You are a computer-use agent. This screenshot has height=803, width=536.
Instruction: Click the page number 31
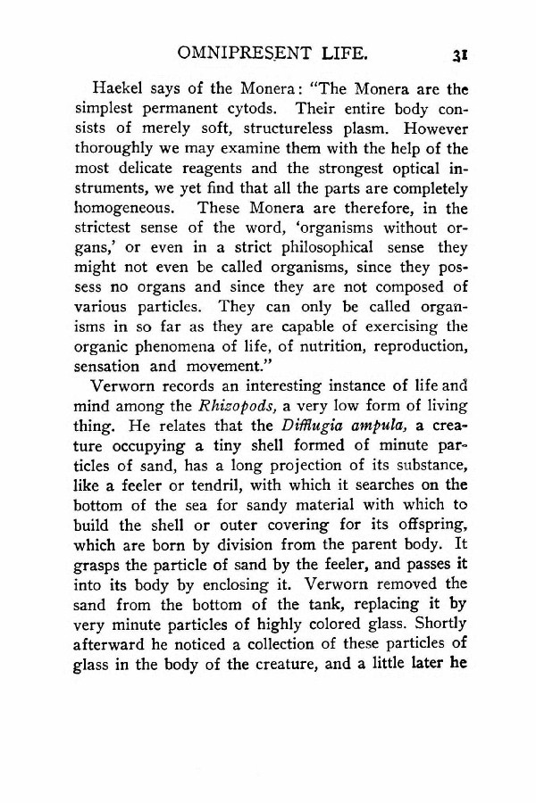(461, 56)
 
